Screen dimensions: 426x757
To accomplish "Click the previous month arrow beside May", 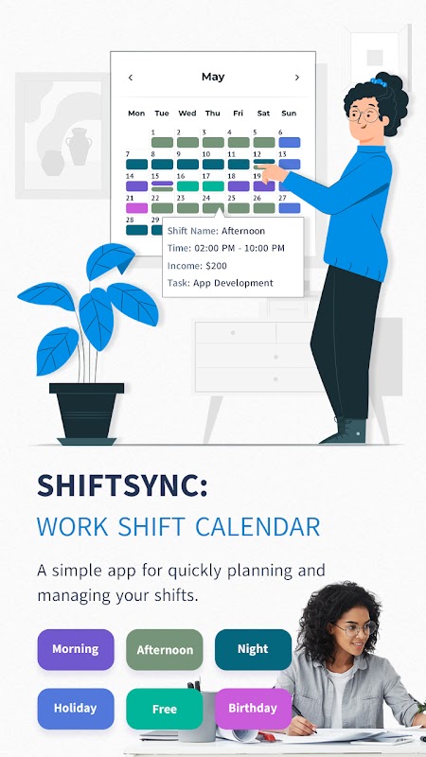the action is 131,78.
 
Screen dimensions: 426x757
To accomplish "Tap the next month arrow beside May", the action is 296,78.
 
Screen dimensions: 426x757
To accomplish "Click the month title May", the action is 213,78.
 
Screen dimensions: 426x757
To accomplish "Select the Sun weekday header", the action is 289,114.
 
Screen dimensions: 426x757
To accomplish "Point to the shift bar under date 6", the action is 290,143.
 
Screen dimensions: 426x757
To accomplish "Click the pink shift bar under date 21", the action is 136,208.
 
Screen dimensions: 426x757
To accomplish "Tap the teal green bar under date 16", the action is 187,186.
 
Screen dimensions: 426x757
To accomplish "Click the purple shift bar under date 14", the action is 136,186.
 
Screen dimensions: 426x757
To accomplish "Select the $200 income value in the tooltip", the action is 216,266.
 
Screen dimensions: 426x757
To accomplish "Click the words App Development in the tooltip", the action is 233,283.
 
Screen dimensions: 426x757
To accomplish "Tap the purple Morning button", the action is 76,649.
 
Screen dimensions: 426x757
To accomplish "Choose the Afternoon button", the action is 164,650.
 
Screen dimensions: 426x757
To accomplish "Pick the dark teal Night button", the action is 253,649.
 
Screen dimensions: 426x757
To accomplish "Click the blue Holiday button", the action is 76,709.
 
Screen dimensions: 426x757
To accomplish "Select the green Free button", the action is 164,709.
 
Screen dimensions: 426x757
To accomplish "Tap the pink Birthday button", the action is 253,709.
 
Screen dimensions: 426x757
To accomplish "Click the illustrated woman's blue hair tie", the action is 380,81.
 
